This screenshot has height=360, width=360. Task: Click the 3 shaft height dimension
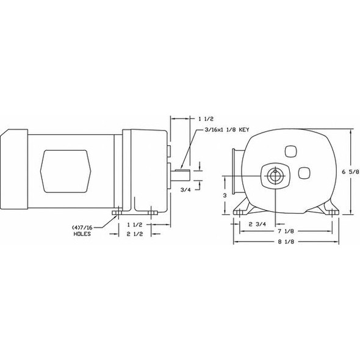pos(225,195)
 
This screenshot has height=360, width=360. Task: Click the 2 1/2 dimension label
pos(135,234)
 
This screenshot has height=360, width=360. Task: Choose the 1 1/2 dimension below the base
pos(135,224)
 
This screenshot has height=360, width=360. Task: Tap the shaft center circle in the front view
pos(275,174)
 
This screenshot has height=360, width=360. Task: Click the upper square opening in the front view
pos(290,151)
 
